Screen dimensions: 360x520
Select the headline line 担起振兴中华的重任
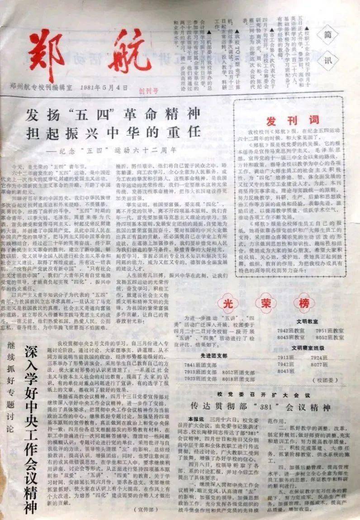[113, 133]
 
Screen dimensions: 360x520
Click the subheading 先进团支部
[214, 355]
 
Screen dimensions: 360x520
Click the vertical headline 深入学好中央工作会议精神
[31, 430]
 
